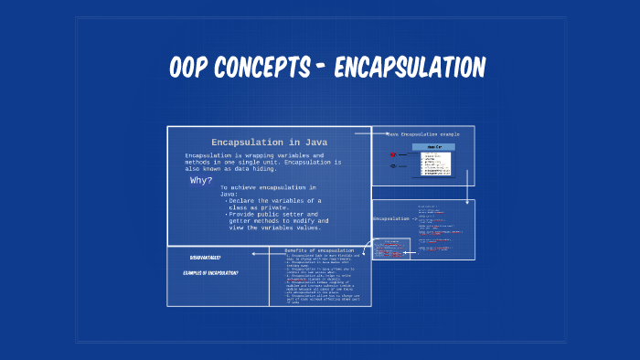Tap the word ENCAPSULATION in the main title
coord(409,68)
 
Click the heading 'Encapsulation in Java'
coord(269,143)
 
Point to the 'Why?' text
coord(201,181)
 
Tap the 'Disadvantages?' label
coord(205,258)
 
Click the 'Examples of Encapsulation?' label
coord(210,273)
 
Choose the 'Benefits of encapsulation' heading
coord(319,250)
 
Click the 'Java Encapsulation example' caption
coord(422,134)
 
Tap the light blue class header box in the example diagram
coord(433,146)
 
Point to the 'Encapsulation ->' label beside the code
coord(394,219)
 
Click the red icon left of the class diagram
coord(392,155)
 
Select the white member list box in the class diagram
coord(435,163)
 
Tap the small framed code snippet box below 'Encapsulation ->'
coord(391,248)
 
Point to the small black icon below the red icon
coord(392,166)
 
